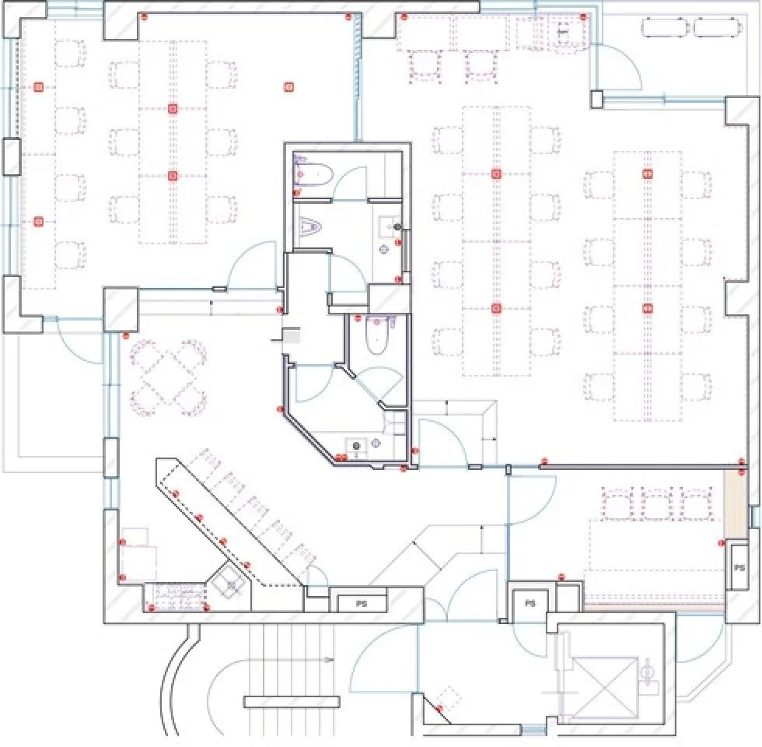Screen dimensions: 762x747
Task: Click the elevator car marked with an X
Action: [605, 687]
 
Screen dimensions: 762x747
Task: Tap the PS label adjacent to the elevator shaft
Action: [530, 604]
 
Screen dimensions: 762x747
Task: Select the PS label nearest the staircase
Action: [361, 604]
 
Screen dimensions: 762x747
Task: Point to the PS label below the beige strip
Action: [739, 567]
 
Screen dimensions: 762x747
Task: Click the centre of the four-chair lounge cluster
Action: [169, 378]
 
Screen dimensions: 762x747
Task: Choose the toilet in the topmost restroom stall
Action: [313, 174]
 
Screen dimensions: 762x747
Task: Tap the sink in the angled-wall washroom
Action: [357, 445]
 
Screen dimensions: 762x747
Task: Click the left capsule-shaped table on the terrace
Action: [666, 27]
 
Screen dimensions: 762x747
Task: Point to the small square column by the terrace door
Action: [597, 100]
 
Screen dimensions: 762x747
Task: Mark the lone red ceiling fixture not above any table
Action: [288, 87]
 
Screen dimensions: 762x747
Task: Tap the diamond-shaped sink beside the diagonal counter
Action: [229, 583]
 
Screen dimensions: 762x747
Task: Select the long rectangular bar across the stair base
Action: [291, 702]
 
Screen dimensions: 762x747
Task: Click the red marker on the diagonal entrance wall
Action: [439, 709]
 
